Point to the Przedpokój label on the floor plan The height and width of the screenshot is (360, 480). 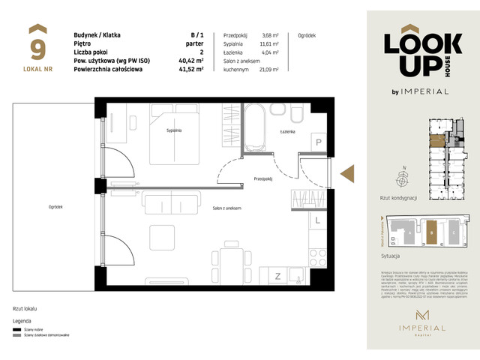click(x=262, y=178)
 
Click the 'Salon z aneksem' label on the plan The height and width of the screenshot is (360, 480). click(x=226, y=208)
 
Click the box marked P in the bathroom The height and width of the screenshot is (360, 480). click(x=318, y=142)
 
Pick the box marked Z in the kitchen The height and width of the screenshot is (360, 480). click(x=277, y=276)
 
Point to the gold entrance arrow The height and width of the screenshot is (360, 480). click(x=348, y=173)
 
